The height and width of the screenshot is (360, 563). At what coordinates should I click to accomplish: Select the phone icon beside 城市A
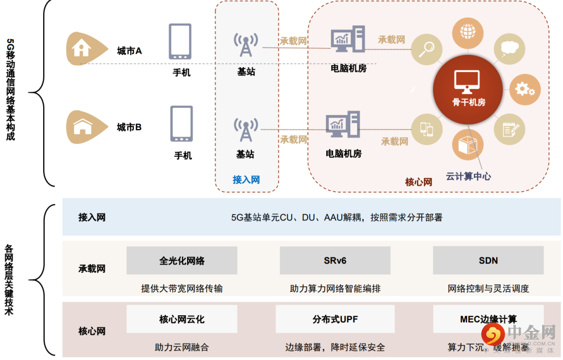(x=180, y=42)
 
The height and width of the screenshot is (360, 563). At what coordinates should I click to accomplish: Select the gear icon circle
(x=523, y=89)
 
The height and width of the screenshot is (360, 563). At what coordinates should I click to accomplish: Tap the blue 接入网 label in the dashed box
(x=246, y=180)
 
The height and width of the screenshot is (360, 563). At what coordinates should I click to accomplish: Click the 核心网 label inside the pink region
(x=419, y=182)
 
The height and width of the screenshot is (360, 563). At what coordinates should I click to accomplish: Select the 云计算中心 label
(x=468, y=176)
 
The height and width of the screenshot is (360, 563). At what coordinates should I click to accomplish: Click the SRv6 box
(x=335, y=260)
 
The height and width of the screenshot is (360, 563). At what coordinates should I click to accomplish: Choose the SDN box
(x=488, y=260)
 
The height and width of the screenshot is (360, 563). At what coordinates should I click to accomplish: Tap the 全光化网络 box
(x=181, y=260)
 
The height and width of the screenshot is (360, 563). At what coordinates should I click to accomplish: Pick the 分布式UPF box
(x=335, y=319)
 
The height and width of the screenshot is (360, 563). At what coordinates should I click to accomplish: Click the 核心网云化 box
(x=181, y=319)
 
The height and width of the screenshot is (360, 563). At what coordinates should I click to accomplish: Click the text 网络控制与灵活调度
(x=488, y=288)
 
